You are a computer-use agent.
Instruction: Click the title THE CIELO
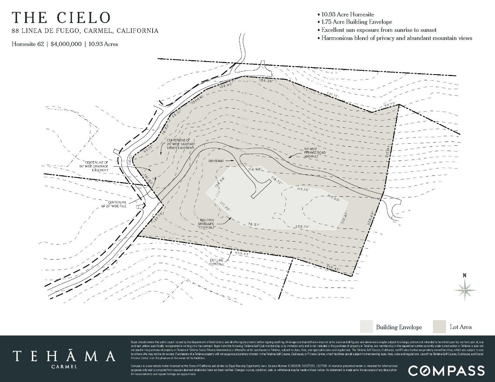62,18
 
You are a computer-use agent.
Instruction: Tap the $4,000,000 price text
66,44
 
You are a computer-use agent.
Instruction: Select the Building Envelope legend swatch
366,327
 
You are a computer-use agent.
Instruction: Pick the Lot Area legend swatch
439,327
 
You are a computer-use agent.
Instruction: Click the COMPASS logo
446,370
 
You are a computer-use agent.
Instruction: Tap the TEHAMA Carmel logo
64,358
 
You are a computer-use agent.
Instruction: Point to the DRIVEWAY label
216,161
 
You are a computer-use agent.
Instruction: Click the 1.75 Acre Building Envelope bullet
356,22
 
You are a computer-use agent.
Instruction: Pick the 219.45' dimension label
333,268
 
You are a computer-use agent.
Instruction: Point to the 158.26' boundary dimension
267,81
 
